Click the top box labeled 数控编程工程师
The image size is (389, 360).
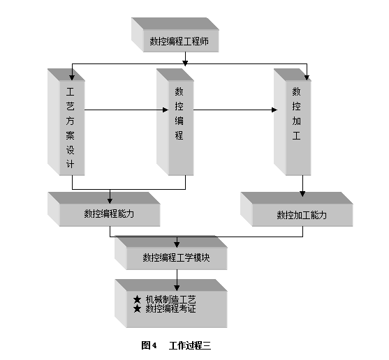click(x=175, y=35)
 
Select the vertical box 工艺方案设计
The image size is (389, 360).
click(x=66, y=122)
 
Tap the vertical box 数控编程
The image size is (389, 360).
click(x=175, y=122)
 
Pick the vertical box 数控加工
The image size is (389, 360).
click(x=293, y=122)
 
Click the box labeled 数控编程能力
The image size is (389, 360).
click(x=104, y=209)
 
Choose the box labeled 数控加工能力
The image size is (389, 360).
click(x=297, y=209)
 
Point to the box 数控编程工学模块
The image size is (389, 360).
click(x=171, y=253)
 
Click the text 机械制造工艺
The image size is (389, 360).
click(x=170, y=299)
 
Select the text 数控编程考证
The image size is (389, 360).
click(x=170, y=308)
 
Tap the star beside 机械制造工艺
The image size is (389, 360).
click(x=137, y=300)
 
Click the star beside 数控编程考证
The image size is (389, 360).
click(x=137, y=309)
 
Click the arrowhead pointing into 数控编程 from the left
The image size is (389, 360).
click(x=166, y=110)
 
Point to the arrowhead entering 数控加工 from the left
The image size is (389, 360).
click(x=274, y=110)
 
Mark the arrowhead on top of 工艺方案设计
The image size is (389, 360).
click(x=72, y=77)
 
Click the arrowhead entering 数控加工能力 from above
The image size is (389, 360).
click(x=302, y=193)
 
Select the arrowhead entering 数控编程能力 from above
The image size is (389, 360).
click(x=110, y=200)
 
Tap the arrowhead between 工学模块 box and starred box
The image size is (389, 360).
click(x=177, y=287)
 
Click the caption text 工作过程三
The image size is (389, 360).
click(x=190, y=345)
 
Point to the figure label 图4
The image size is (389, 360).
click(x=149, y=345)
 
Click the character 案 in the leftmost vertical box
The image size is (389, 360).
click(x=71, y=135)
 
